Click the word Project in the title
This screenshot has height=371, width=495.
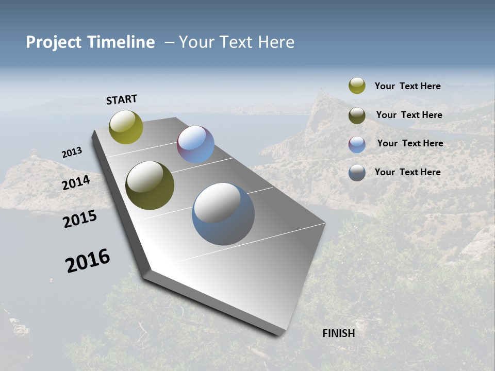click(x=53, y=42)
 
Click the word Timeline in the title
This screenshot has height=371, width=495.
click(x=122, y=42)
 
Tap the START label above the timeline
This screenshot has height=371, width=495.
click(x=122, y=99)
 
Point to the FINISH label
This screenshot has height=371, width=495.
click(x=339, y=333)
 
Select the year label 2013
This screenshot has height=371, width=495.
click(x=72, y=153)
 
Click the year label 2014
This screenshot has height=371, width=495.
click(x=76, y=182)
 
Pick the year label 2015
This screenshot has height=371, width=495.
click(x=80, y=219)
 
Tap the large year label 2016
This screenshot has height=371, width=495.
click(x=88, y=260)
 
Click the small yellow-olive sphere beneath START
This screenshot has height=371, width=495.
click(x=126, y=127)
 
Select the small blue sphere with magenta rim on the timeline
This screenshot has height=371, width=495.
click(x=195, y=144)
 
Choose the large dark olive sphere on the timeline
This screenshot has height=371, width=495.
click(x=150, y=185)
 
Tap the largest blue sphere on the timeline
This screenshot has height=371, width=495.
click(x=223, y=214)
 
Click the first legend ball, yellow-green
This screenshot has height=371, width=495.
click(x=357, y=86)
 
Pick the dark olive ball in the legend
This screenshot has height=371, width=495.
click(x=357, y=115)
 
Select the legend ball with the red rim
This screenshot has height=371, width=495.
click(x=357, y=144)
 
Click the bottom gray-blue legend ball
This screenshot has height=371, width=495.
click(x=357, y=173)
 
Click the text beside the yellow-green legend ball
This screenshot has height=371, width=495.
click(x=407, y=87)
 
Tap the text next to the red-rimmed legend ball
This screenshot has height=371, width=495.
click(x=410, y=143)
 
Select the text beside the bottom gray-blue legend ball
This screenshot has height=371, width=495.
click(x=407, y=172)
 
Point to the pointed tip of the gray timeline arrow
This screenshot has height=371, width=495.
click(x=147, y=271)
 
